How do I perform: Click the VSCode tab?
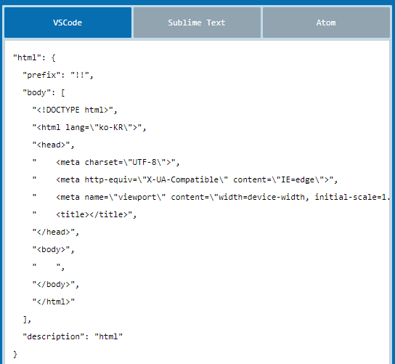68,23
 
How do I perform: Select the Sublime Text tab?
197,23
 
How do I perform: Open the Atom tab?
326,23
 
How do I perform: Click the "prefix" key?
42,75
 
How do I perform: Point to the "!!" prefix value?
80,75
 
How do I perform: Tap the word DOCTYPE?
62,110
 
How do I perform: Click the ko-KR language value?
111,127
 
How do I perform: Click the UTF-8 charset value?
144,162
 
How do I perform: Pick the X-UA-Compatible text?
183,179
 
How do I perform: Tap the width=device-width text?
261,197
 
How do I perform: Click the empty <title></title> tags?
91,214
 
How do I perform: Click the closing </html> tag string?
54,302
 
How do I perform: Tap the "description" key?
54,337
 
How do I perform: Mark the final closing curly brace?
15,355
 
